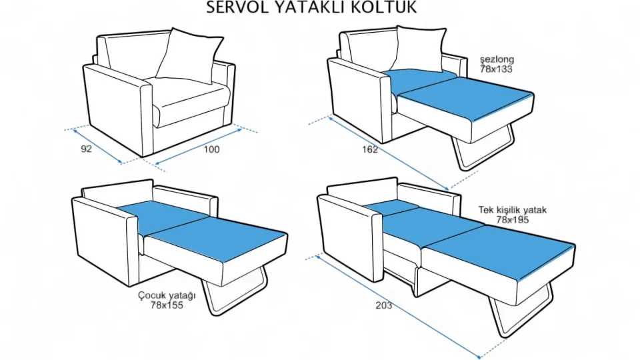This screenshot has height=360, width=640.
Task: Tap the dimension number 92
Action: (x=86, y=149)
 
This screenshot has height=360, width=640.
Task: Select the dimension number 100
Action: (x=211, y=149)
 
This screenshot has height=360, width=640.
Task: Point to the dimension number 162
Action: (x=370, y=149)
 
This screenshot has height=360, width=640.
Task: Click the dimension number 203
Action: (x=383, y=306)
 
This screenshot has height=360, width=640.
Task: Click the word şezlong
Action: (x=496, y=60)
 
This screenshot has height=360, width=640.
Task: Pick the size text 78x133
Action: (x=496, y=69)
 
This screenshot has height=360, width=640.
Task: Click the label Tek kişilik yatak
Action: (x=512, y=210)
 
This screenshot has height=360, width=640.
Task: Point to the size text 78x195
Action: (x=512, y=219)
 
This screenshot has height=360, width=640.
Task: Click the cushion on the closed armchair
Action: (x=189, y=55)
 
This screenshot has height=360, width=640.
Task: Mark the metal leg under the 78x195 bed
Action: (x=523, y=313)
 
